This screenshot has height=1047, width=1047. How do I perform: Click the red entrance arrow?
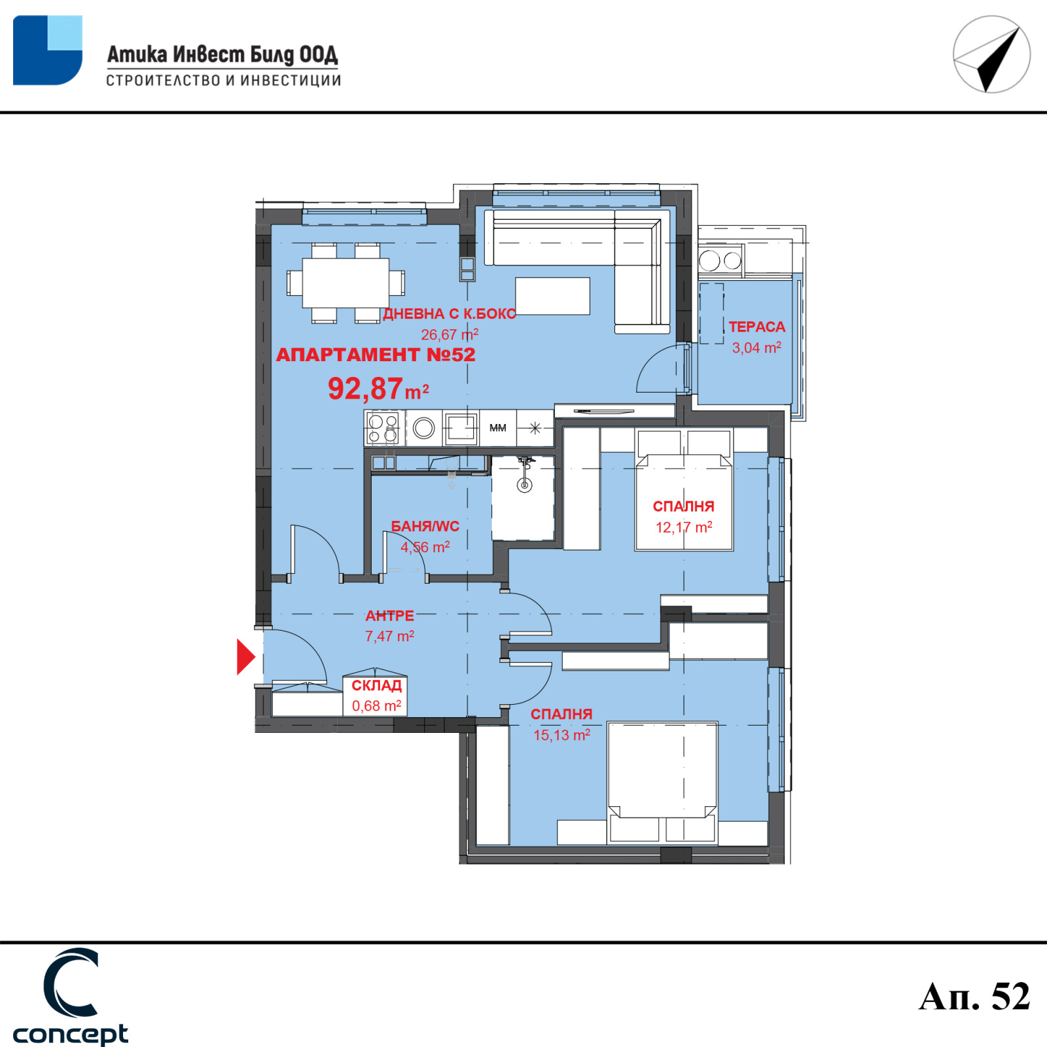(x=245, y=656)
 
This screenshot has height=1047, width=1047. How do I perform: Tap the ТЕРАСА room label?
(x=756, y=327)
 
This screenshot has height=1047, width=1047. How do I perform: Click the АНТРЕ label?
(x=389, y=616)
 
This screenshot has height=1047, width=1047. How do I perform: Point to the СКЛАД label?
(x=376, y=685)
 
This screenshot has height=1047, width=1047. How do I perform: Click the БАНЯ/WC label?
(x=425, y=526)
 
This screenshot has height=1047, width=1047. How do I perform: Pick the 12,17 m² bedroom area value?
(x=684, y=527)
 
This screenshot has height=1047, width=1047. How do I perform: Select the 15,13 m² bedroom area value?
(x=561, y=735)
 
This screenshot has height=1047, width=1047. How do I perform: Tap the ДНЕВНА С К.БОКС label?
(x=450, y=313)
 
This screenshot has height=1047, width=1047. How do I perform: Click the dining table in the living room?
(x=346, y=283)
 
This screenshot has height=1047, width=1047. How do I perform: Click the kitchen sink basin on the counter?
(x=461, y=429)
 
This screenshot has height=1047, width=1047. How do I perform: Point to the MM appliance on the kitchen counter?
(x=498, y=428)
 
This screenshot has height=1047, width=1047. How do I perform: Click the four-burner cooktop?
(x=383, y=429)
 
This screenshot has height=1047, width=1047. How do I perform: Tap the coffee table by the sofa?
(x=552, y=296)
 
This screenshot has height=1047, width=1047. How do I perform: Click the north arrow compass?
(x=991, y=54)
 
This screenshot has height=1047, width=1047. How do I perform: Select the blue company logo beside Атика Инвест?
(x=48, y=50)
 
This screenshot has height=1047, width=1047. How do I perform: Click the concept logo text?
(x=70, y=1035)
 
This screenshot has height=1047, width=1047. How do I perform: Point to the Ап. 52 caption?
(x=974, y=997)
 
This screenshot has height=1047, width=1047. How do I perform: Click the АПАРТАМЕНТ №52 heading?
(x=376, y=355)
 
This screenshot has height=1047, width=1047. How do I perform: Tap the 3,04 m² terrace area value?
(x=756, y=347)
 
